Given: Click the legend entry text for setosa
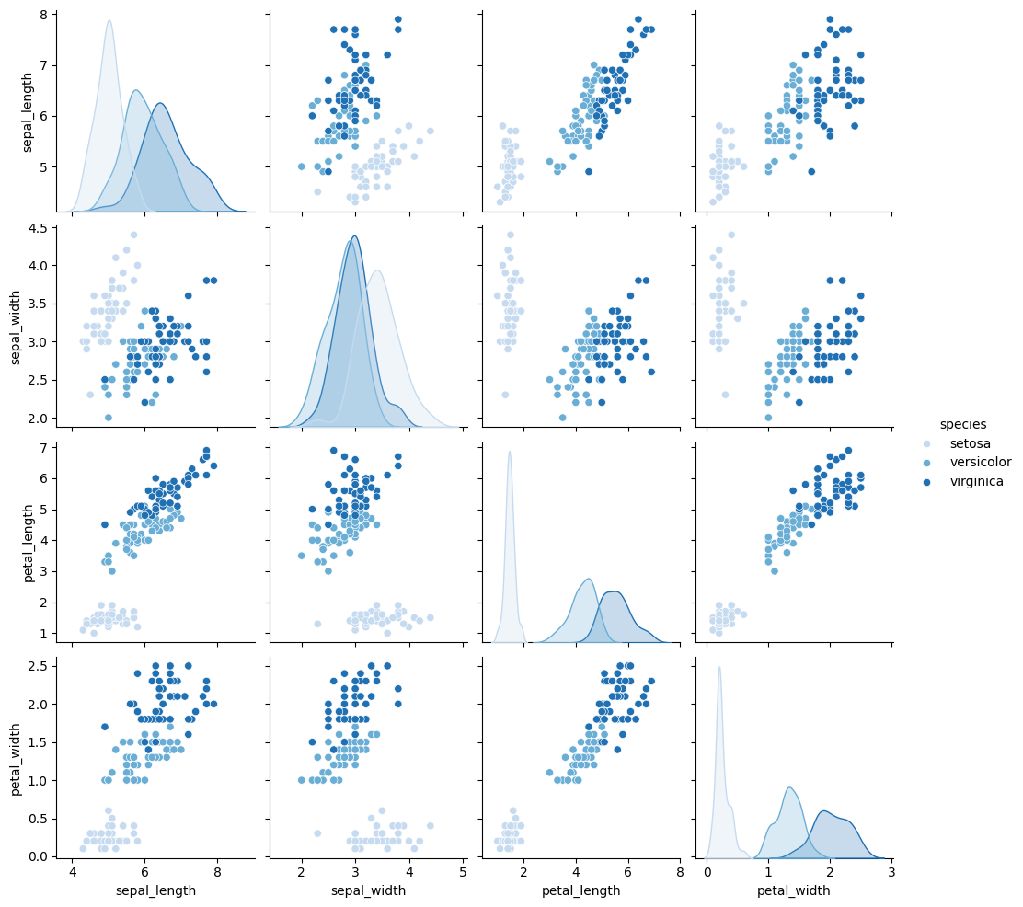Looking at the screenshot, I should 969,443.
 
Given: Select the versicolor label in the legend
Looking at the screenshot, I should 977,462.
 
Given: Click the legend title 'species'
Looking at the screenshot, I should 962,424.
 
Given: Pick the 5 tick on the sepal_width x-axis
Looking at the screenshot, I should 462,871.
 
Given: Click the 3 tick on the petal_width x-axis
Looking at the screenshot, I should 891,871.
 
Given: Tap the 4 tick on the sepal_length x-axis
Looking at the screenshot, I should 74,871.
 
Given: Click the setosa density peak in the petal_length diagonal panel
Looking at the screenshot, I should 510,452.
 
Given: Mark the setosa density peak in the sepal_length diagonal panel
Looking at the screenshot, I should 109,21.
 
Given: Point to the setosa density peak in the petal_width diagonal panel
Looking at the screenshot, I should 719,668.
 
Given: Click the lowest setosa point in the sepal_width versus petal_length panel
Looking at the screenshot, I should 504,394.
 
